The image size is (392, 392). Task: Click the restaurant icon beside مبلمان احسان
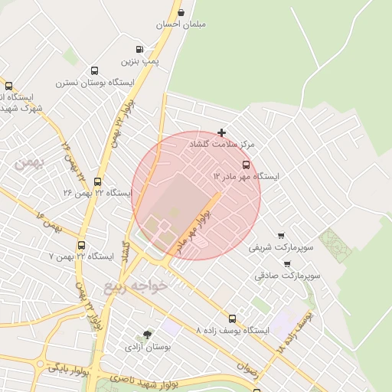point(181,12)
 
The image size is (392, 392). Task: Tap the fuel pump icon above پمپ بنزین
point(139,49)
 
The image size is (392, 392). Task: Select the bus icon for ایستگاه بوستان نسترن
point(94,70)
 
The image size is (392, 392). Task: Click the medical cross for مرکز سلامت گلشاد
point(222,132)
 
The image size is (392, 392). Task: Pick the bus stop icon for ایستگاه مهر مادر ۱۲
point(246,165)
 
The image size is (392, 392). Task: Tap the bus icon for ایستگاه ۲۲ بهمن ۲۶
point(97,182)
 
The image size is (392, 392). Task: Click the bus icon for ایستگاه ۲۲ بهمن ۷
point(81,246)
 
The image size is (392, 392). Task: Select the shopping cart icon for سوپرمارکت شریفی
point(282,236)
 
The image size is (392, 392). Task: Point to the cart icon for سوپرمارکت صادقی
point(287,263)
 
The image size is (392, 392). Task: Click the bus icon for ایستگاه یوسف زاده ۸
point(232,318)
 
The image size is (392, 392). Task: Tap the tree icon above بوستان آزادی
point(148,335)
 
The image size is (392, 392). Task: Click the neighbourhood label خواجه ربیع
point(135,286)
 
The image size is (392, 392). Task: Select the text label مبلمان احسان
point(181,24)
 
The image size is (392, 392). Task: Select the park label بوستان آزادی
point(149,348)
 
